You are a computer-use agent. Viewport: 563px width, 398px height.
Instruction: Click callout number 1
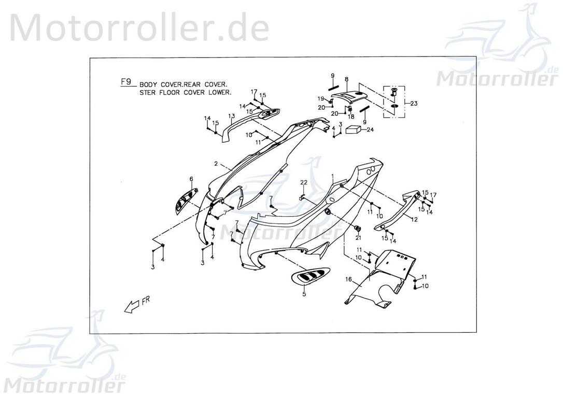click(333, 176)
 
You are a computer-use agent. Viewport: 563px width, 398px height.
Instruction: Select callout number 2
click(215, 164)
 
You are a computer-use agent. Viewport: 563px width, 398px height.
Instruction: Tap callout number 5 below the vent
click(304, 294)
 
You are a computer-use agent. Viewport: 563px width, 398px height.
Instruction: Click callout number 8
click(347, 80)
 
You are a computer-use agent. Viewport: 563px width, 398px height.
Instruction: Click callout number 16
click(349, 280)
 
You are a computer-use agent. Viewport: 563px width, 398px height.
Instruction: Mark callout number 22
click(304, 182)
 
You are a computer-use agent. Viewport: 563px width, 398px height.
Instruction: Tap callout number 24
click(370, 130)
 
